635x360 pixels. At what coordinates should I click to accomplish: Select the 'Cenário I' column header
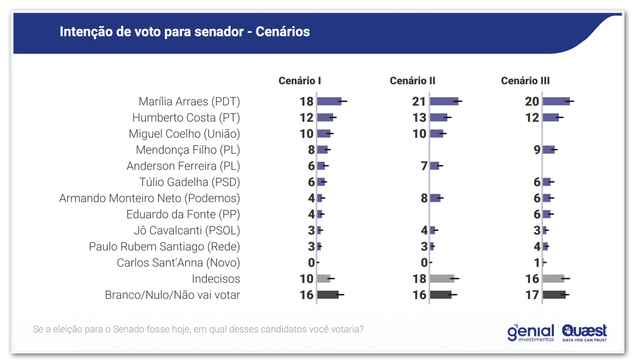[x=299, y=81]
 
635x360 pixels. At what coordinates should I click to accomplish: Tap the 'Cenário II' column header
[x=412, y=81]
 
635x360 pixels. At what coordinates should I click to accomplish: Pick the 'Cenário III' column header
[x=525, y=81]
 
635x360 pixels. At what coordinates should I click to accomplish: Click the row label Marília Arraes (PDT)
[x=189, y=101]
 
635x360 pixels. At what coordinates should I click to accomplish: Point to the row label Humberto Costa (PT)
[x=186, y=118]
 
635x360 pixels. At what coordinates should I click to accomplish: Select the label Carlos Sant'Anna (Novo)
[x=178, y=263]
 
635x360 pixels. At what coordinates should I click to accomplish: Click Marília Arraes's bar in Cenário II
[x=444, y=101]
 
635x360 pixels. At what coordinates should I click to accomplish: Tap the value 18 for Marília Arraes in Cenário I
[x=306, y=101]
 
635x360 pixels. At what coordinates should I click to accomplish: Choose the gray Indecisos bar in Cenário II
[x=442, y=278]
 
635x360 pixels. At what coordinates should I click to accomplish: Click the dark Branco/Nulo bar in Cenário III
[x=554, y=295]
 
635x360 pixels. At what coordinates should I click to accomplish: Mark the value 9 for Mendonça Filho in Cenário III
[x=537, y=150]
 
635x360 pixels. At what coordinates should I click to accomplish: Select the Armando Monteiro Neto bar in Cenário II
[x=435, y=198]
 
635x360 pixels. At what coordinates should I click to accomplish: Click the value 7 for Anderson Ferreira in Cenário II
[x=425, y=166]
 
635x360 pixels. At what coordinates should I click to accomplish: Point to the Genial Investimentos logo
[x=531, y=333]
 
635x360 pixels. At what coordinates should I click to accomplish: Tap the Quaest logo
[x=584, y=333]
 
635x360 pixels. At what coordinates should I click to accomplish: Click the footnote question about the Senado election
[x=198, y=329]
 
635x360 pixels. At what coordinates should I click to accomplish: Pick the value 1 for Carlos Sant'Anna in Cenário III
[x=537, y=263]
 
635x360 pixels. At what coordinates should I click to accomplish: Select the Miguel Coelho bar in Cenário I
[x=324, y=134]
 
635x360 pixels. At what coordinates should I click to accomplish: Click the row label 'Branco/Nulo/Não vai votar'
[x=172, y=295]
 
